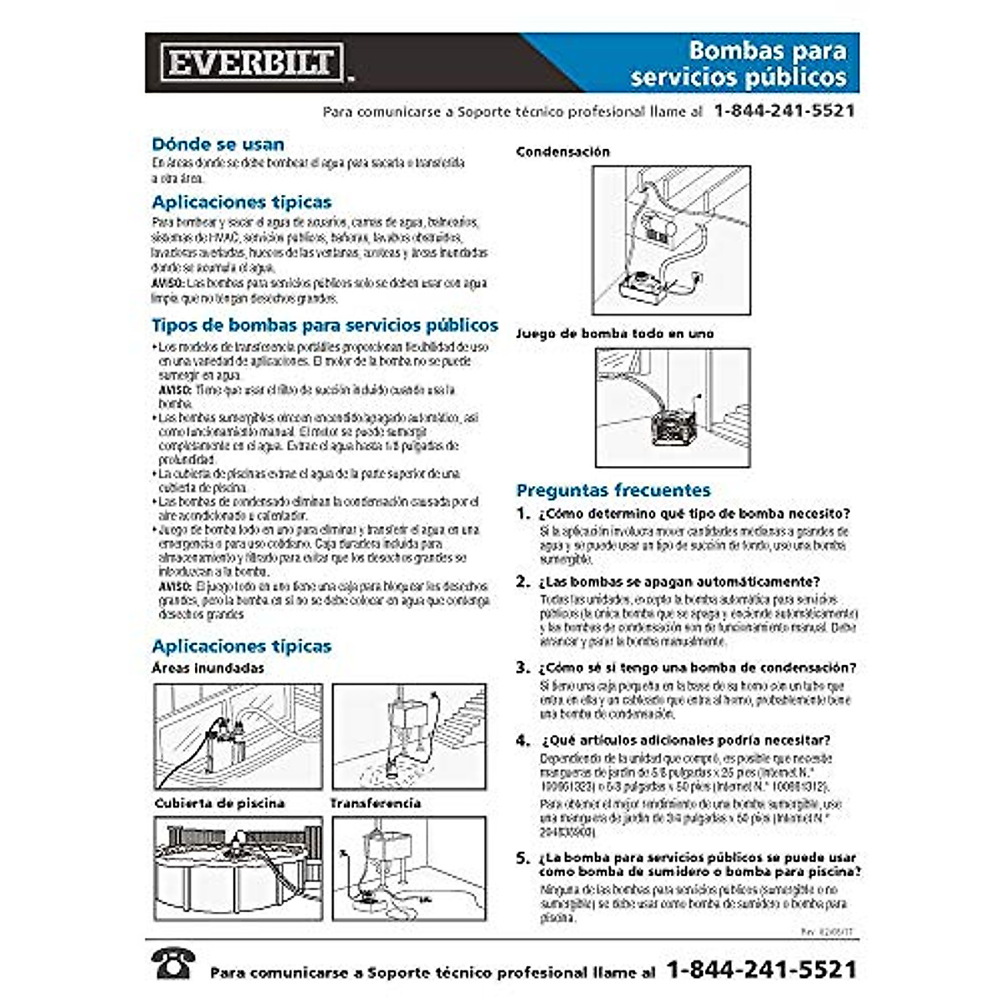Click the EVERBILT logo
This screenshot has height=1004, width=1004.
pos(252,63)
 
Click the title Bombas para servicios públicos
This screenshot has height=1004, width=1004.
pos(738,64)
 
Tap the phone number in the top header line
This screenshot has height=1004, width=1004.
pos(784,111)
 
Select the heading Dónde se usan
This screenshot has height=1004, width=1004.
pos(218,144)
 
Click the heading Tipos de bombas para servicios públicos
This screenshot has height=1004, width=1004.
pos(325,325)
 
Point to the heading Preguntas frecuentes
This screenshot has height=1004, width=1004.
pos(612,490)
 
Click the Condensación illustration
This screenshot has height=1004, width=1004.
pos(671,240)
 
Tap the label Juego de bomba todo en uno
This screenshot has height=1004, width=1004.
pos(614,334)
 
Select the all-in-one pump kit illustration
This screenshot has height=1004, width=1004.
pos(673,407)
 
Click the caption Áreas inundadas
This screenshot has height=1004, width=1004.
pos(207,668)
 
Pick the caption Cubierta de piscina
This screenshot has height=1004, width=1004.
pos(219,803)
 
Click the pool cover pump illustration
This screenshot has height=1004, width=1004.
pos(238,868)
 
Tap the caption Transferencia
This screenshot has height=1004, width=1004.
pos(375,803)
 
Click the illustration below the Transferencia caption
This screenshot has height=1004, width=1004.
pos(408,868)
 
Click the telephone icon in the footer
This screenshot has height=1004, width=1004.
pos(173,964)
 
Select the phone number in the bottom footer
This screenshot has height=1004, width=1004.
pos(761,970)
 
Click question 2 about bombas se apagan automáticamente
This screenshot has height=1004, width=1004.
pos(679,581)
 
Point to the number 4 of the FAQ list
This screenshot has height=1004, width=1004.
pos(523,740)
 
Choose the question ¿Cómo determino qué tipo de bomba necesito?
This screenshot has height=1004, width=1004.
pos(694,514)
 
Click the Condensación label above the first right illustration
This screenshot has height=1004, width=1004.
pos(562,152)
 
